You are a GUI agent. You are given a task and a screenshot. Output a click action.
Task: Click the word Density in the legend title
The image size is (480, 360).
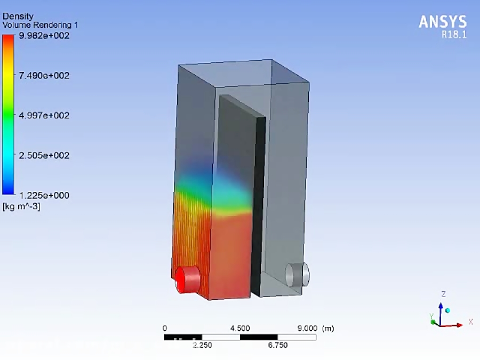(18, 17)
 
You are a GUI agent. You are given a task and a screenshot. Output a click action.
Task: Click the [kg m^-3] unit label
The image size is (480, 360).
(21, 206)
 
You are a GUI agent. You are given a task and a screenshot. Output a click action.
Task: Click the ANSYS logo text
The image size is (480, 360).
(443, 22)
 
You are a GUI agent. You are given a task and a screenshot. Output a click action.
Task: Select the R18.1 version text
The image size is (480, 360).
(453, 35)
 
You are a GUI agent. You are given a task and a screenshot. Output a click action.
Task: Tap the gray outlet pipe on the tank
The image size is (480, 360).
(297, 274)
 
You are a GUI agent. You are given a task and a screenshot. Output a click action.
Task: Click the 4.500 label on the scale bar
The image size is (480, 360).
(240, 328)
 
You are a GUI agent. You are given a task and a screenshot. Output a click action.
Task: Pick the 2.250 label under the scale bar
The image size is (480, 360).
(202, 345)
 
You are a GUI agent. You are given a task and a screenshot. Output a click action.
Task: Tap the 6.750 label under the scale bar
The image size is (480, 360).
(278, 345)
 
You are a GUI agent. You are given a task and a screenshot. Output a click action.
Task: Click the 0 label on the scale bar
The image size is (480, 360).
(164, 328)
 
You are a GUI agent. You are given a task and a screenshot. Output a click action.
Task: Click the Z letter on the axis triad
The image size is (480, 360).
(443, 294)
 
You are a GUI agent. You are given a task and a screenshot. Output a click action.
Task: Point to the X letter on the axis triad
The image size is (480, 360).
(470, 322)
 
